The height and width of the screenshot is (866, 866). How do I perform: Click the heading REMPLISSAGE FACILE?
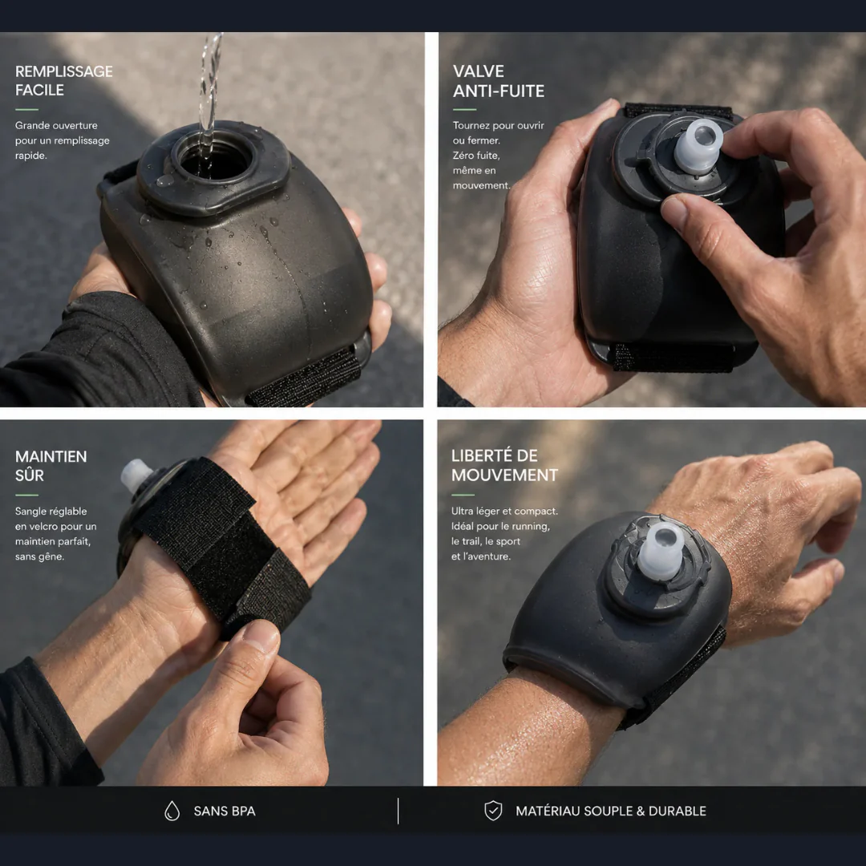click(x=63, y=81)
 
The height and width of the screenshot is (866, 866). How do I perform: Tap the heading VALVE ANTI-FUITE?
click(x=498, y=81)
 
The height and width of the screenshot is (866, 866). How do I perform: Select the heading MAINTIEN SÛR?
click(x=51, y=466)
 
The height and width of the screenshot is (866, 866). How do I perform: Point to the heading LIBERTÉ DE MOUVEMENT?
click(x=504, y=465)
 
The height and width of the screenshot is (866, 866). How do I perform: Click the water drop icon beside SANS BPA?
click(x=172, y=811)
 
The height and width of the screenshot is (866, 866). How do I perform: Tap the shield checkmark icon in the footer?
click(x=493, y=811)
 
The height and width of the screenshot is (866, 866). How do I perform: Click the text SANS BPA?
click(x=225, y=811)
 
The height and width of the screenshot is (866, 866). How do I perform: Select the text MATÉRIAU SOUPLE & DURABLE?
click(x=611, y=811)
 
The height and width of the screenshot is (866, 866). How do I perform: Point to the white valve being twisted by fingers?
click(x=698, y=146)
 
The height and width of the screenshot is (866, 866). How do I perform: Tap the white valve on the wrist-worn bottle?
click(x=662, y=550)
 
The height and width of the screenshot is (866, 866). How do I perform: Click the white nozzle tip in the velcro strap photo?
click(x=136, y=475)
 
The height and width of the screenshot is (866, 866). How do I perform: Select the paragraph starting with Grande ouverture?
click(x=62, y=140)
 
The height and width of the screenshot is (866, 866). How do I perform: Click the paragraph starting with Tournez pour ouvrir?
click(x=498, y=156)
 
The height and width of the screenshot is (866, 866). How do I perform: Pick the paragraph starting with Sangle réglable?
click(x=56, y=533)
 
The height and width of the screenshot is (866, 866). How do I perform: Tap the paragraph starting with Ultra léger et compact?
click(x=504, y=533)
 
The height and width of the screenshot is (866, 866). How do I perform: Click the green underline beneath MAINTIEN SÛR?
click(x=26, y=495)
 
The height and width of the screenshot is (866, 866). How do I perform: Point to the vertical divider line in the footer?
click(x=398, y=811)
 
